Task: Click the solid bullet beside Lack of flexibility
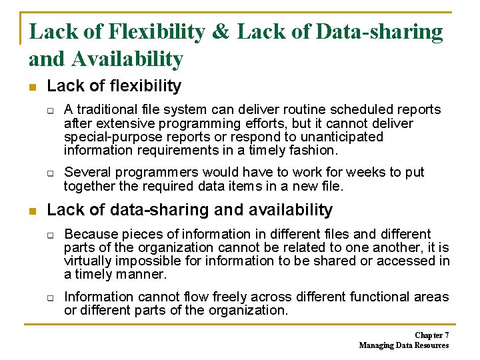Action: (x=33, y=87)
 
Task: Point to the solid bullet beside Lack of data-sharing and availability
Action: (x=33, y=211)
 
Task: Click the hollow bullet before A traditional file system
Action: (x=50, y=110)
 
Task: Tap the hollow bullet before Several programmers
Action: (x=50, y=173)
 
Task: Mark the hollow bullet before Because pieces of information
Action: (x=50, y=235)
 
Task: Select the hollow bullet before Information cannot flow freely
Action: (x=50, y=297)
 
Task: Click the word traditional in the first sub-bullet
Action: (x=106, y=109)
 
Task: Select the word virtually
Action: (x=88, y=261)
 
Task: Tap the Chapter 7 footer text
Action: (x=431, y=335)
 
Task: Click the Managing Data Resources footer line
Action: (x=404, y=345)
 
